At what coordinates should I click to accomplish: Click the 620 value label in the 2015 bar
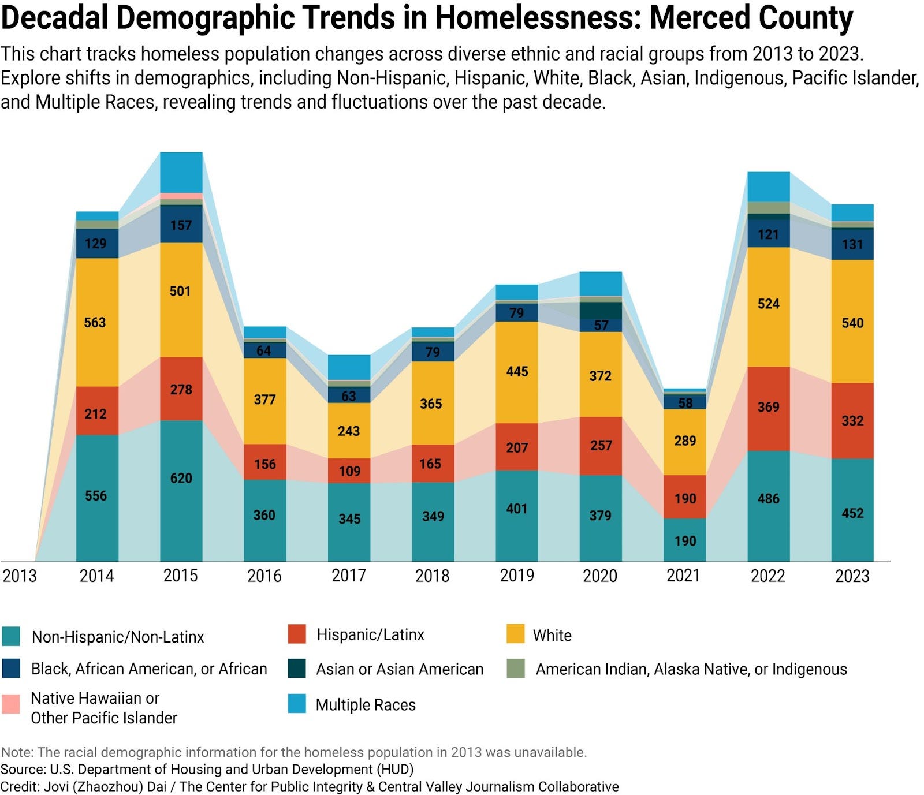[181, 478]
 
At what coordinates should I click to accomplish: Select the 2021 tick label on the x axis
[683, 576]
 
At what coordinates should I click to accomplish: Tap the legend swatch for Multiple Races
[297, 704]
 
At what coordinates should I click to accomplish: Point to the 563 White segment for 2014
[95, 322]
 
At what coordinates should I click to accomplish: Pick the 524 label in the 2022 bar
[768, 304]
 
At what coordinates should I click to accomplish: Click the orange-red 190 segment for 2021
[685, 498]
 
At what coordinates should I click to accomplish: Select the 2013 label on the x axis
[20, 576]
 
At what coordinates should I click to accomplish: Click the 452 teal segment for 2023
[852, 513]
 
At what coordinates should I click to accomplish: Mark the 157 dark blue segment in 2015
[181, 225]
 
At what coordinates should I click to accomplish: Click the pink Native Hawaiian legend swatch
[11, 704]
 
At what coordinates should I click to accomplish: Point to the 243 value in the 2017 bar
[349, 431]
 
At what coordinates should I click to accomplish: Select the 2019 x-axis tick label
[517, 576]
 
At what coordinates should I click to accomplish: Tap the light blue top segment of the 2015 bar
[181, 172]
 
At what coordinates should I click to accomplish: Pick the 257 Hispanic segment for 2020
[601, 445]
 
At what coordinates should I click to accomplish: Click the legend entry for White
[552, 636]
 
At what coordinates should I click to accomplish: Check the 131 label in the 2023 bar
[852, 244]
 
